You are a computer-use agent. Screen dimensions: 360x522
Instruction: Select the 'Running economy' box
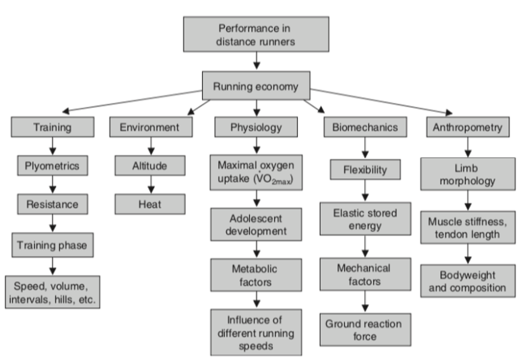click(x=257, y=86)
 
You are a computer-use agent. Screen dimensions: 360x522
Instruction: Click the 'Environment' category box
click(x=149, y=127)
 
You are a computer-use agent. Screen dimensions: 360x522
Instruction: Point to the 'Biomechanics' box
click(x=364, y=127)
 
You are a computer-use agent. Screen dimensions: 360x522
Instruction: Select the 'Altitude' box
click(x=149, y=165)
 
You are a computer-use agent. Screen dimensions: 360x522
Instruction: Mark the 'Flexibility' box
click(x=364, y=169)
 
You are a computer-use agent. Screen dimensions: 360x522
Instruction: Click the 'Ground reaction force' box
click(x=364, y=330)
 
